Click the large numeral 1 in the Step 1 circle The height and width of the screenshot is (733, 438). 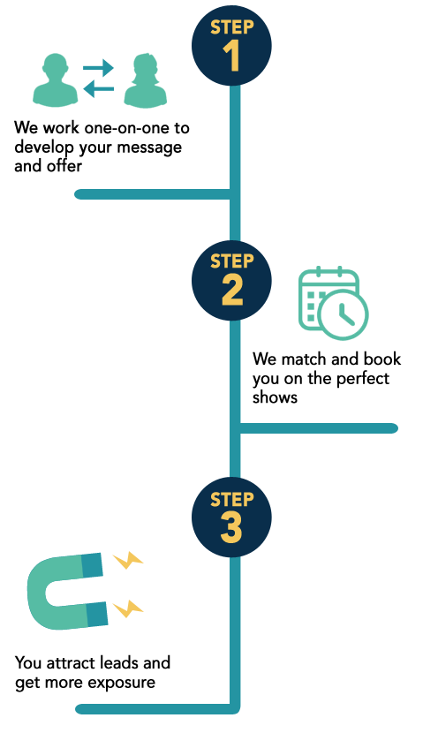pos(232,56)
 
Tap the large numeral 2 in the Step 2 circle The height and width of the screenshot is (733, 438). pos(232,291)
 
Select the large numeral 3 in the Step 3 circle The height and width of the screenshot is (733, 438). pos(231,527)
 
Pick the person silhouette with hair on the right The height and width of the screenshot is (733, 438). pos(146,80)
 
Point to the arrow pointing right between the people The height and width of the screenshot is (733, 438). pos(98,68)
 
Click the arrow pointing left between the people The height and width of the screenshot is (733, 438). pos(99,89)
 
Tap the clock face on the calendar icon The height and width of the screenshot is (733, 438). pos(343,314)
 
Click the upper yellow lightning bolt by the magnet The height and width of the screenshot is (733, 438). pos(128,560)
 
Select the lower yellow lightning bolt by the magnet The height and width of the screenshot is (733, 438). pos(128,608)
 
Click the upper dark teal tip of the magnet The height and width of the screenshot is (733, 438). pos(92,564)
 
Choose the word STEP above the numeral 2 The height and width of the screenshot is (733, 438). pos(232,261)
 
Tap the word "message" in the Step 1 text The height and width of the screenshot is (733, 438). pos(149,147)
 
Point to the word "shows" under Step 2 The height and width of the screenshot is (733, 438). pos(275,397)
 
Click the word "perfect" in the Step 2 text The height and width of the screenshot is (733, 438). pos(362,378)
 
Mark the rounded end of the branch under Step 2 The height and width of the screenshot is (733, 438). pos(393,428)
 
